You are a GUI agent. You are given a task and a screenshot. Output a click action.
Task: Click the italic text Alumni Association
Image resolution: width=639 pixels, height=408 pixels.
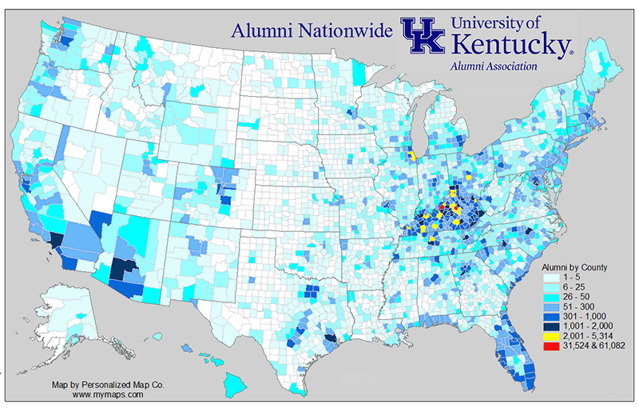tap(493, 66)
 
